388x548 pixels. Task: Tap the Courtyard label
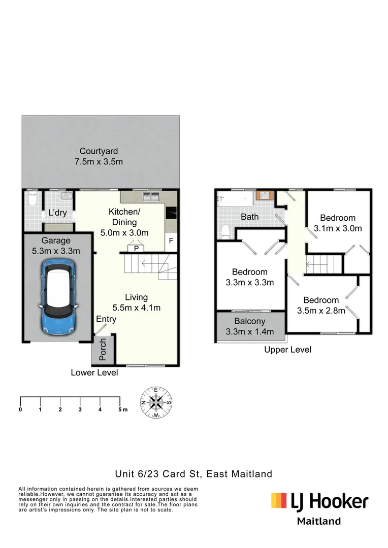[x=99, y=151]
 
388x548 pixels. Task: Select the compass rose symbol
[x=156, y=402]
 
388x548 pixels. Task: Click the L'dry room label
[x=57, y=213]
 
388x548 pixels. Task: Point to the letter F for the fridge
[x=171, y=241]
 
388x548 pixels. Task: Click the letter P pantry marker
[x=136, y=249]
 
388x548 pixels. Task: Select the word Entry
[x=106, y=319]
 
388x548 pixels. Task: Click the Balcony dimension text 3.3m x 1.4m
[x=249, y=332]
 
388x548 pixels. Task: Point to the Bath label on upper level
[x=249, y=217]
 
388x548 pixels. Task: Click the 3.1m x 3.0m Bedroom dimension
[x=338, y=228]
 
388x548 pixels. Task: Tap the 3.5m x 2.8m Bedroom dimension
[x=321, y=311]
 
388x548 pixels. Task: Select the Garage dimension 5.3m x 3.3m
[x=56, y=251]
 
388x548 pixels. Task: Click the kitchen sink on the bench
[x=151, y=196]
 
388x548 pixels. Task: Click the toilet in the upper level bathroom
[x=225, y=231]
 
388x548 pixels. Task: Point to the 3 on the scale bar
[x=80, y=409]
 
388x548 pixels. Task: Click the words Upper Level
[x=287, y=350]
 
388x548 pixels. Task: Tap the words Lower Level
[x=94, y=372]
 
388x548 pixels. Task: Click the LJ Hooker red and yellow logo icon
[x=279, y=501]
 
